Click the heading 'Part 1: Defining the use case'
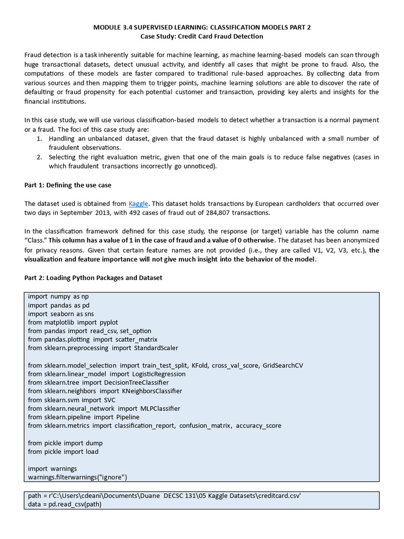click(x=68, y=185)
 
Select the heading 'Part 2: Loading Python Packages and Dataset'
click(x=94, y=278)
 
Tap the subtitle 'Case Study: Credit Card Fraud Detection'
click(x=201, y=36)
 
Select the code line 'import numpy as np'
click(x=58, y=297)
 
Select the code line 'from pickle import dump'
click(x=66, y=443)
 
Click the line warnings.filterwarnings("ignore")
click(x=78, y=477)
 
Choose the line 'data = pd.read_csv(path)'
click(x=65, y=504)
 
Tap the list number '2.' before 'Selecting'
click(x=39, y=157)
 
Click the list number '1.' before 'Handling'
click(x=39, y=138)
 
